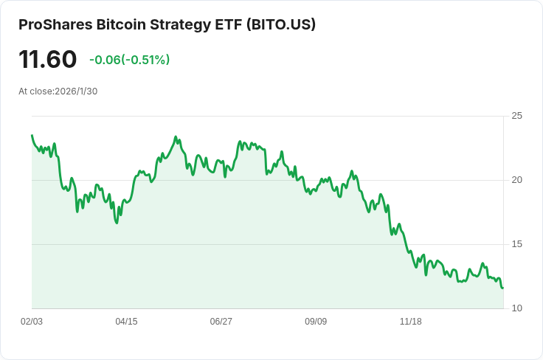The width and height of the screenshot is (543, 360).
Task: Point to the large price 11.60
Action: click(x=48, y=59)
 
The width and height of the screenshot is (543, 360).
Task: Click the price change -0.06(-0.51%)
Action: click(x=129, y=60)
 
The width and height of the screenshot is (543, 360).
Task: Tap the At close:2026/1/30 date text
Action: click(x=58, y=91)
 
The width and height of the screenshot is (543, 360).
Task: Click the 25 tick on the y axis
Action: click(x=516, y=116)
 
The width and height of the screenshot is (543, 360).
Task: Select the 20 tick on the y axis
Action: click(x=516, y=180)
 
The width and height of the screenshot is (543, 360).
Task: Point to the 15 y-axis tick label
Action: click(x=516, y=244)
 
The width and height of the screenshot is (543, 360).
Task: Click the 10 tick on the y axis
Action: click(x=516, y=308)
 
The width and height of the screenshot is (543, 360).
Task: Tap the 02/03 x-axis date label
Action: click(x=32, y=322)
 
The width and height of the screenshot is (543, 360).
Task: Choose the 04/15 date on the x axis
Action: click(x=126, y=322)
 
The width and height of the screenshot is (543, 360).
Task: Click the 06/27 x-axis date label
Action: click(x=221, y=322)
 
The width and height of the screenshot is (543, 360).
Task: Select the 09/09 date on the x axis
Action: click(x=316, y=322)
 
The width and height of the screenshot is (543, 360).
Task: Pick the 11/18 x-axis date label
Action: click(x=410, y=322)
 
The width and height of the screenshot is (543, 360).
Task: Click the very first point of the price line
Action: click(x=32, y=135)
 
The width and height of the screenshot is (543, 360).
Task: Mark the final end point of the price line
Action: click(x=503, y=288)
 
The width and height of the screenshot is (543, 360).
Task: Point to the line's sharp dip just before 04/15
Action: click(x=117, y=223)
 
